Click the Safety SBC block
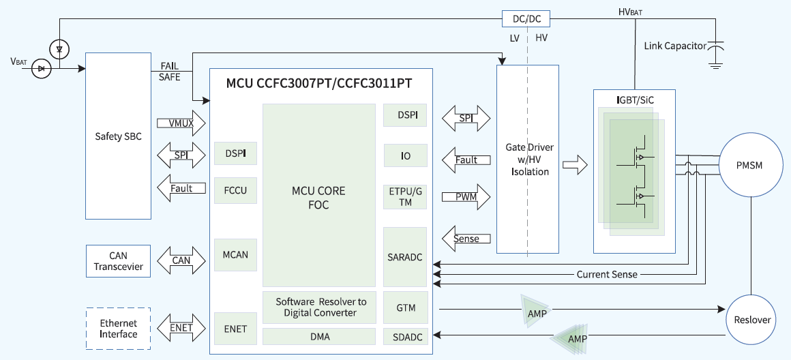(118, 136)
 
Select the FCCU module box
(235, 190)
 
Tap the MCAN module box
(235, 255)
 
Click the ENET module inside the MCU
(235, 329)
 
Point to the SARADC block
(405, 256)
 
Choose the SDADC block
(405, 336)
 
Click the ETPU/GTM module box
(405, 196)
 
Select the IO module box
(405, 156)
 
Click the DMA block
(319, 337)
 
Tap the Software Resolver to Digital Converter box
(319, 307)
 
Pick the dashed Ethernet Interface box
(118, 329)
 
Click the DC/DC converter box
(526, 19)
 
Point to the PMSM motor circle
(749, 166)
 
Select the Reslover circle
(752, 320)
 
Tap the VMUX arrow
(181, 123)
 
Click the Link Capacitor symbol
(715, 51)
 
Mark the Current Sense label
(607, 274)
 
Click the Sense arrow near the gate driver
(466, 238)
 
